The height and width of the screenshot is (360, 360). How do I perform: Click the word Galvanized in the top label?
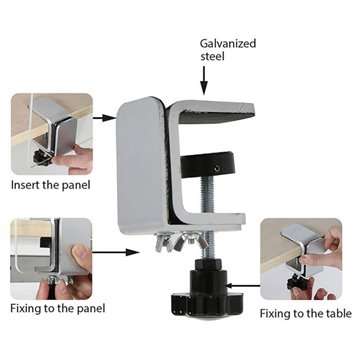pos(228,44)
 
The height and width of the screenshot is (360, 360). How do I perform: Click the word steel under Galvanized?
pos(212,56)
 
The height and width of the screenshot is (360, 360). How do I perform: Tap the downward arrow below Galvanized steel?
pos(204,80)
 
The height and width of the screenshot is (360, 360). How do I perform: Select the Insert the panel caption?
pos(51,185)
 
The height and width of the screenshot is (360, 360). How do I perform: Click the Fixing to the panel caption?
pos(58,308)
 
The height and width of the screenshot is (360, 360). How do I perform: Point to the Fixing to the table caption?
pos(306,314)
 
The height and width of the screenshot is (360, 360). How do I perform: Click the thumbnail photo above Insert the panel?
pos(52,134)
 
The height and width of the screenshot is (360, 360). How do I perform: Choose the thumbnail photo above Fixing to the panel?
pos(51,259)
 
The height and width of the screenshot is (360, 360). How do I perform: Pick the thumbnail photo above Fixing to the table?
pos(301,259)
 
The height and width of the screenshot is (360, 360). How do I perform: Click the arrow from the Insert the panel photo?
pos(104,118)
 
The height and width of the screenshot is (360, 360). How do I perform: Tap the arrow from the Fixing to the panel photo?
pos(115,252)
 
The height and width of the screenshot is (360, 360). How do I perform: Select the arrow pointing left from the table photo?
pos(243,286)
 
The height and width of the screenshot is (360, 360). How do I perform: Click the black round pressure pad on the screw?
pos(208,165)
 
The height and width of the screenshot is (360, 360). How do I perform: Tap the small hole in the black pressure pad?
pos(217,169)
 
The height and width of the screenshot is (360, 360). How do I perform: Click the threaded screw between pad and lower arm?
pos(205,195)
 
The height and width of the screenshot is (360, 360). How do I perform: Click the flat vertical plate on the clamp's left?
pos(141,165)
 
